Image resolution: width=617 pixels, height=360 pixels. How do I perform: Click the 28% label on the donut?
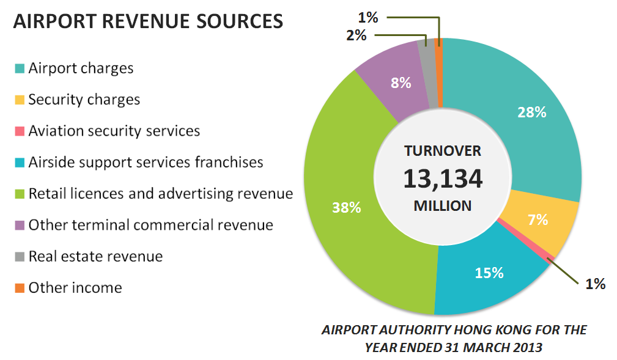pyautogui.click(x=531, y=112)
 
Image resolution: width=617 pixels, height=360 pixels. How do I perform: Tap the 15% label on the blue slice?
pyautogui.click(x=489, y=273)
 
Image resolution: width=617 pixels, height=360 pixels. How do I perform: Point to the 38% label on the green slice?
pyautogui.click(x=346, y=207)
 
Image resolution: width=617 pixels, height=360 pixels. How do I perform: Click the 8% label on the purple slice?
pyautogui.click(x=401, y=83)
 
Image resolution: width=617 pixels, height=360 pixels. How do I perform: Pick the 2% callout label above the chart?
pyautogui.click(x=356, y=35)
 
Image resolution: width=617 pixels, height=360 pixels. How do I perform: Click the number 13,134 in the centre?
pyautogui.click(x=442, y=178)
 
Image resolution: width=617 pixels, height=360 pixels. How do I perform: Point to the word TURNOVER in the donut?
pyautogui.click(x=442, y=151)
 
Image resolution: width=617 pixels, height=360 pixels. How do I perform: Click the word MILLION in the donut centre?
pyautogui.click(x=442, y=206)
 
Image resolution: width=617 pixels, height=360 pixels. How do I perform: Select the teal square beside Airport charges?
pyautogui.click(x=20, y=68)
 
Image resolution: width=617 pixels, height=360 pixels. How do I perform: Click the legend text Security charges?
pyautogui.click(x=84, y=100)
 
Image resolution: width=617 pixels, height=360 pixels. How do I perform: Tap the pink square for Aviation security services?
pyautogui.click(x=20, y=131)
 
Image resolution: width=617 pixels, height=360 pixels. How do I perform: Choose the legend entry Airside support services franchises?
pyautogui.click(x=146, y=163)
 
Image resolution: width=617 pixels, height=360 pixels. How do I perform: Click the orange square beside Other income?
pyautogui.click(x=20, y=288)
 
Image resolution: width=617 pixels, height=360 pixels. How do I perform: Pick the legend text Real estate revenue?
pyautogui.click(x=95, y=256)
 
